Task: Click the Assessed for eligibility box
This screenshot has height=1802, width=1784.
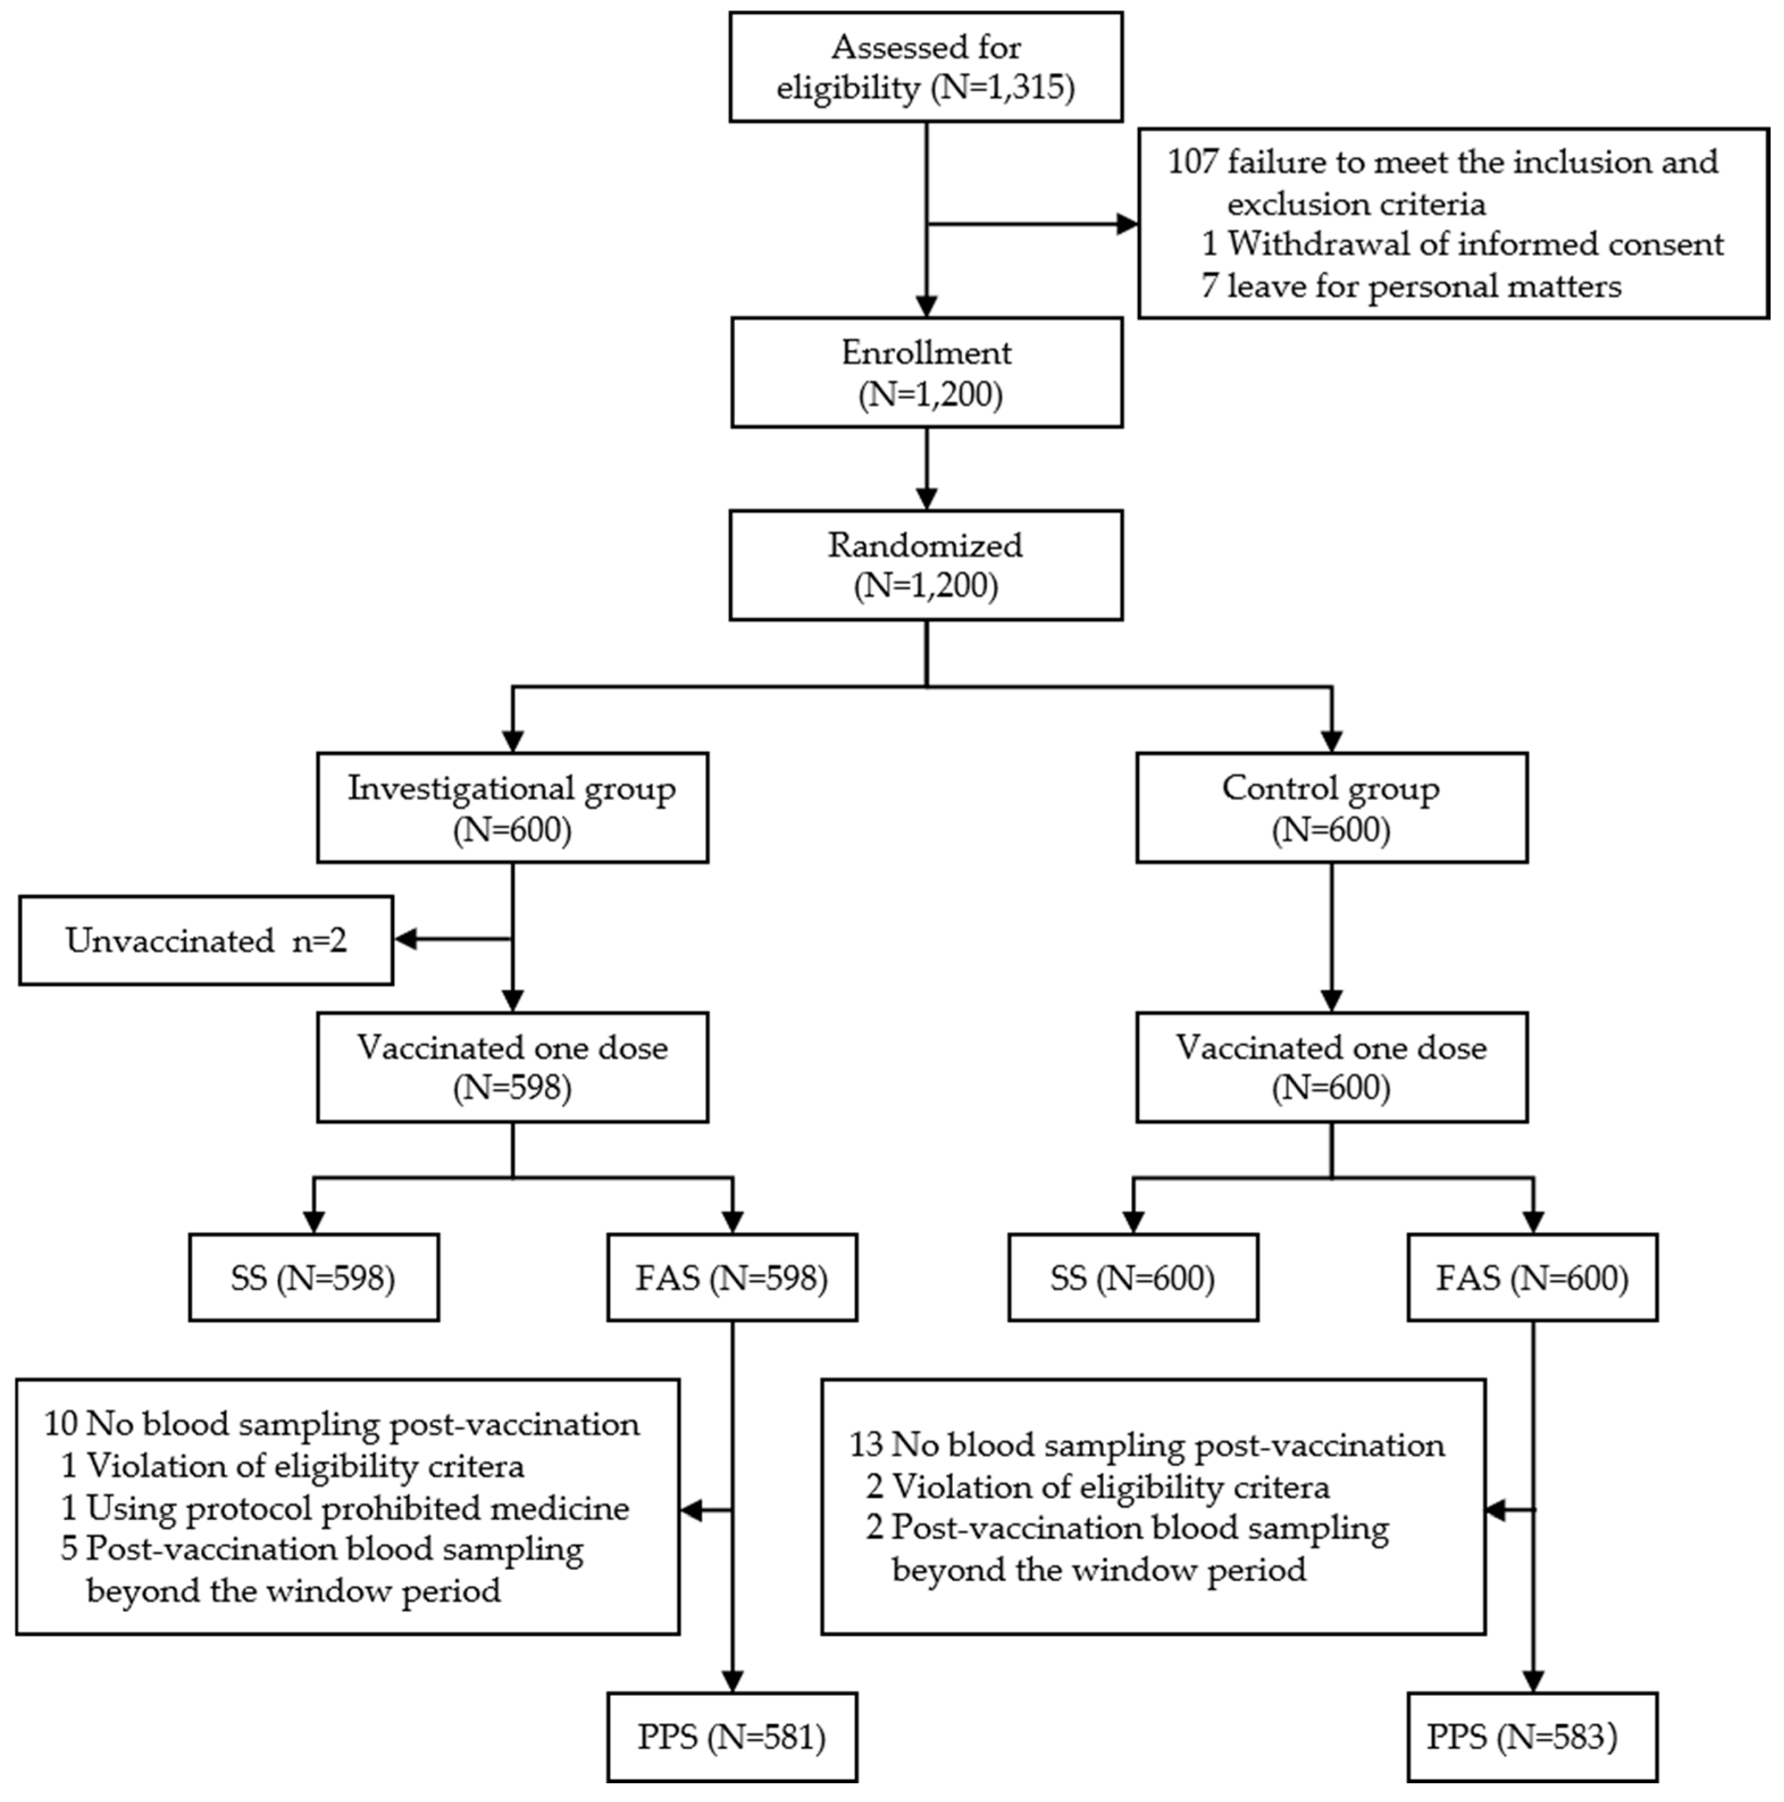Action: click(x=925, y=67)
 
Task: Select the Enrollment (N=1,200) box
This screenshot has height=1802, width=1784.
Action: click(x=925, y=373)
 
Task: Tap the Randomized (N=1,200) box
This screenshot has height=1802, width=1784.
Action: click(x=925, y=565)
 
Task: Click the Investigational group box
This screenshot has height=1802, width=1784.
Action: click(x=512, y=808)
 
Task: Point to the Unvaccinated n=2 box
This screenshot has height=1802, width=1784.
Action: click(x=206, y=940)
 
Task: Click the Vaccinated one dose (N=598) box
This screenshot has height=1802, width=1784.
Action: click(x=512, y=1067)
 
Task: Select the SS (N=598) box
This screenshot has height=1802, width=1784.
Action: click(x=313, y=1278)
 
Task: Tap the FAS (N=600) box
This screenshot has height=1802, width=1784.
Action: click(x=1531, y=1278)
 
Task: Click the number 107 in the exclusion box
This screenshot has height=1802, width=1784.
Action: click(x=1192, y=162)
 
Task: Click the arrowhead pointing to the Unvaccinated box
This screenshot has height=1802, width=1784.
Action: click(x=407, y=939)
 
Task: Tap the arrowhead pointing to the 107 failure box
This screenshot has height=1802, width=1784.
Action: click(x=1127, y=224)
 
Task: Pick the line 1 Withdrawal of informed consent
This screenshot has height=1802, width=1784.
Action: click(x=1462, y=245)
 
